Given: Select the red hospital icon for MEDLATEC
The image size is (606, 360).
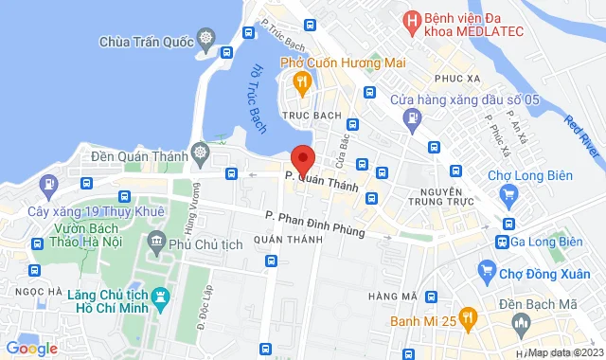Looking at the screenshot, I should [411, 20].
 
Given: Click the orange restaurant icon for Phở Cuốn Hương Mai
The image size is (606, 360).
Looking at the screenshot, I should [301, 84].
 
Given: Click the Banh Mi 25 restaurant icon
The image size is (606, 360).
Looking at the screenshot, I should [466, 318].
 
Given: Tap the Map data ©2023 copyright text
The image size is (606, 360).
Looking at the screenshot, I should [564, 353].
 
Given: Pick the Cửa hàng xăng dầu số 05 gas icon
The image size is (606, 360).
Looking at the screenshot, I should [412, 118].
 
